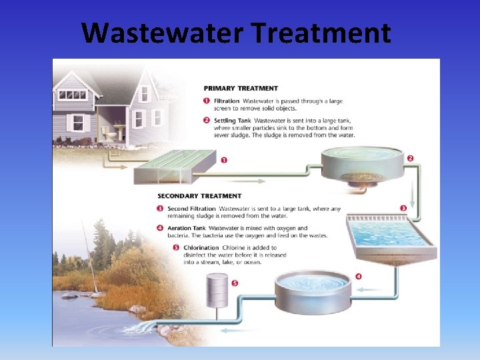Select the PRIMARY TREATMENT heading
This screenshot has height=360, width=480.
[240, 88]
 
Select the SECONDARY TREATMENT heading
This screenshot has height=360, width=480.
[199, 196]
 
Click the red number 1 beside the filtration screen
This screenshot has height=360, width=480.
[223, 160]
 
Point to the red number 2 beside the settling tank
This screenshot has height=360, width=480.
[411, 159]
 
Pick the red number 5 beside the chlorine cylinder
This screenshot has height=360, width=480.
[233, 283]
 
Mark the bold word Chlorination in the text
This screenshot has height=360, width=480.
[197, 248]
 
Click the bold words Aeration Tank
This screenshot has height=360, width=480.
[186, 228]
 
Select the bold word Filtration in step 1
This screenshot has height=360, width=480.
[227, 101]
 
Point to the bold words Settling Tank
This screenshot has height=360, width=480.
[233, 120]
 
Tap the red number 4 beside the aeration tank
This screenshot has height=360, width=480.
[359, 276]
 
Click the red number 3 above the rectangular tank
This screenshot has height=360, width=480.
[403, 209]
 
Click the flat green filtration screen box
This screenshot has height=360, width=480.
[175, 166]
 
